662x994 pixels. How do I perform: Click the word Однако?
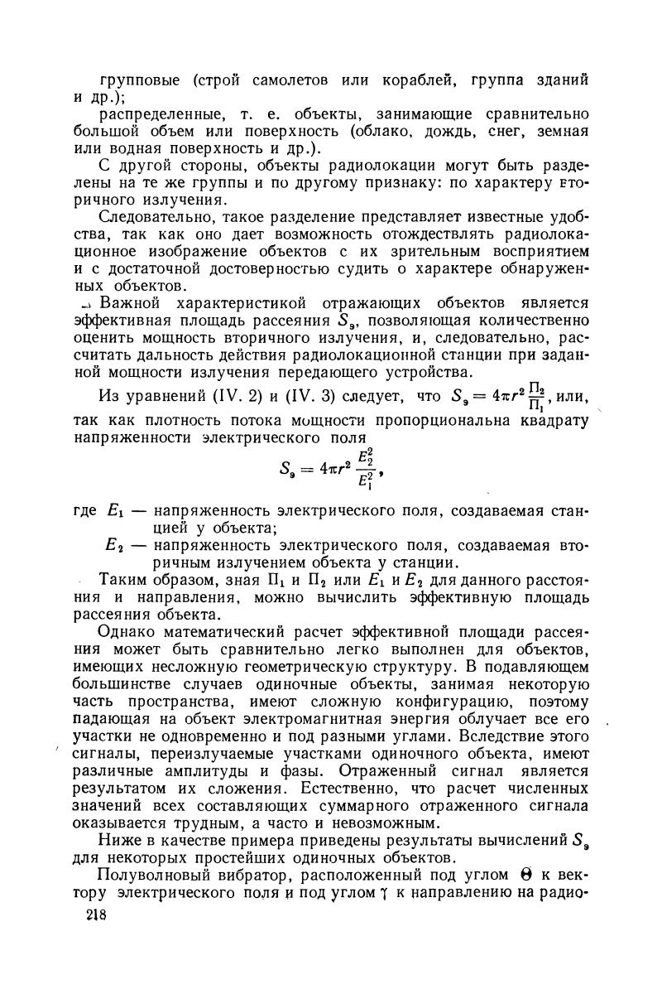pyautogui.click(x=131, y=632)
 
